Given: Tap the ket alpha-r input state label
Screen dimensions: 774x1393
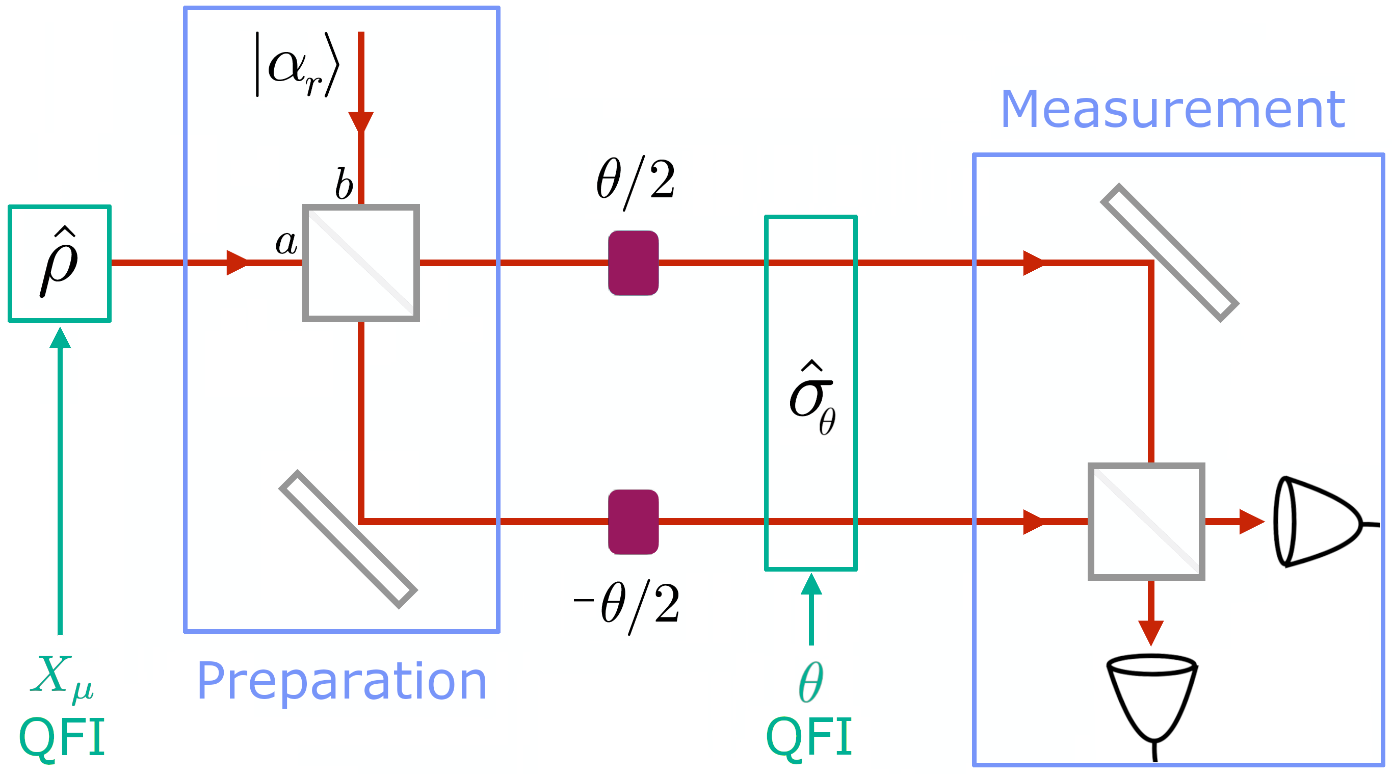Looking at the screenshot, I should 298,65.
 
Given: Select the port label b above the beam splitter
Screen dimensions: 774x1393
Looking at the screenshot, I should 344,184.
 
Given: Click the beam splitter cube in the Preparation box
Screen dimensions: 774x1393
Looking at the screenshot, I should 361,263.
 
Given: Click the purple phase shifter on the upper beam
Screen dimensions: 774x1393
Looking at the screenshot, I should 633,263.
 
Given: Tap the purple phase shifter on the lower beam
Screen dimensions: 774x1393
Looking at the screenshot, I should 633,522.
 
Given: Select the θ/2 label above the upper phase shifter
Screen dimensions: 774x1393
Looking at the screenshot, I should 636,181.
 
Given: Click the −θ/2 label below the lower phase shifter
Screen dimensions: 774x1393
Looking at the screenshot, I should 627,606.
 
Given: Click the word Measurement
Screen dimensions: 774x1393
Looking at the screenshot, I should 1172,110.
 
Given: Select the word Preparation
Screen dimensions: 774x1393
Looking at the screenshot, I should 342,682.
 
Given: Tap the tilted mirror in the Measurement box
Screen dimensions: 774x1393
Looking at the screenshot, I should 1169,252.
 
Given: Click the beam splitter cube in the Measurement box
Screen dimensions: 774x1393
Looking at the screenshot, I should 1146,522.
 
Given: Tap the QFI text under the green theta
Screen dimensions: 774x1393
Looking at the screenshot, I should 809,737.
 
